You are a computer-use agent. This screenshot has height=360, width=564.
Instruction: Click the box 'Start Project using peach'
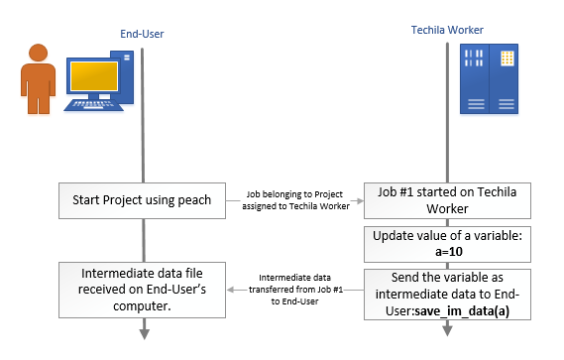pyautogui.click(x=143, y=200)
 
